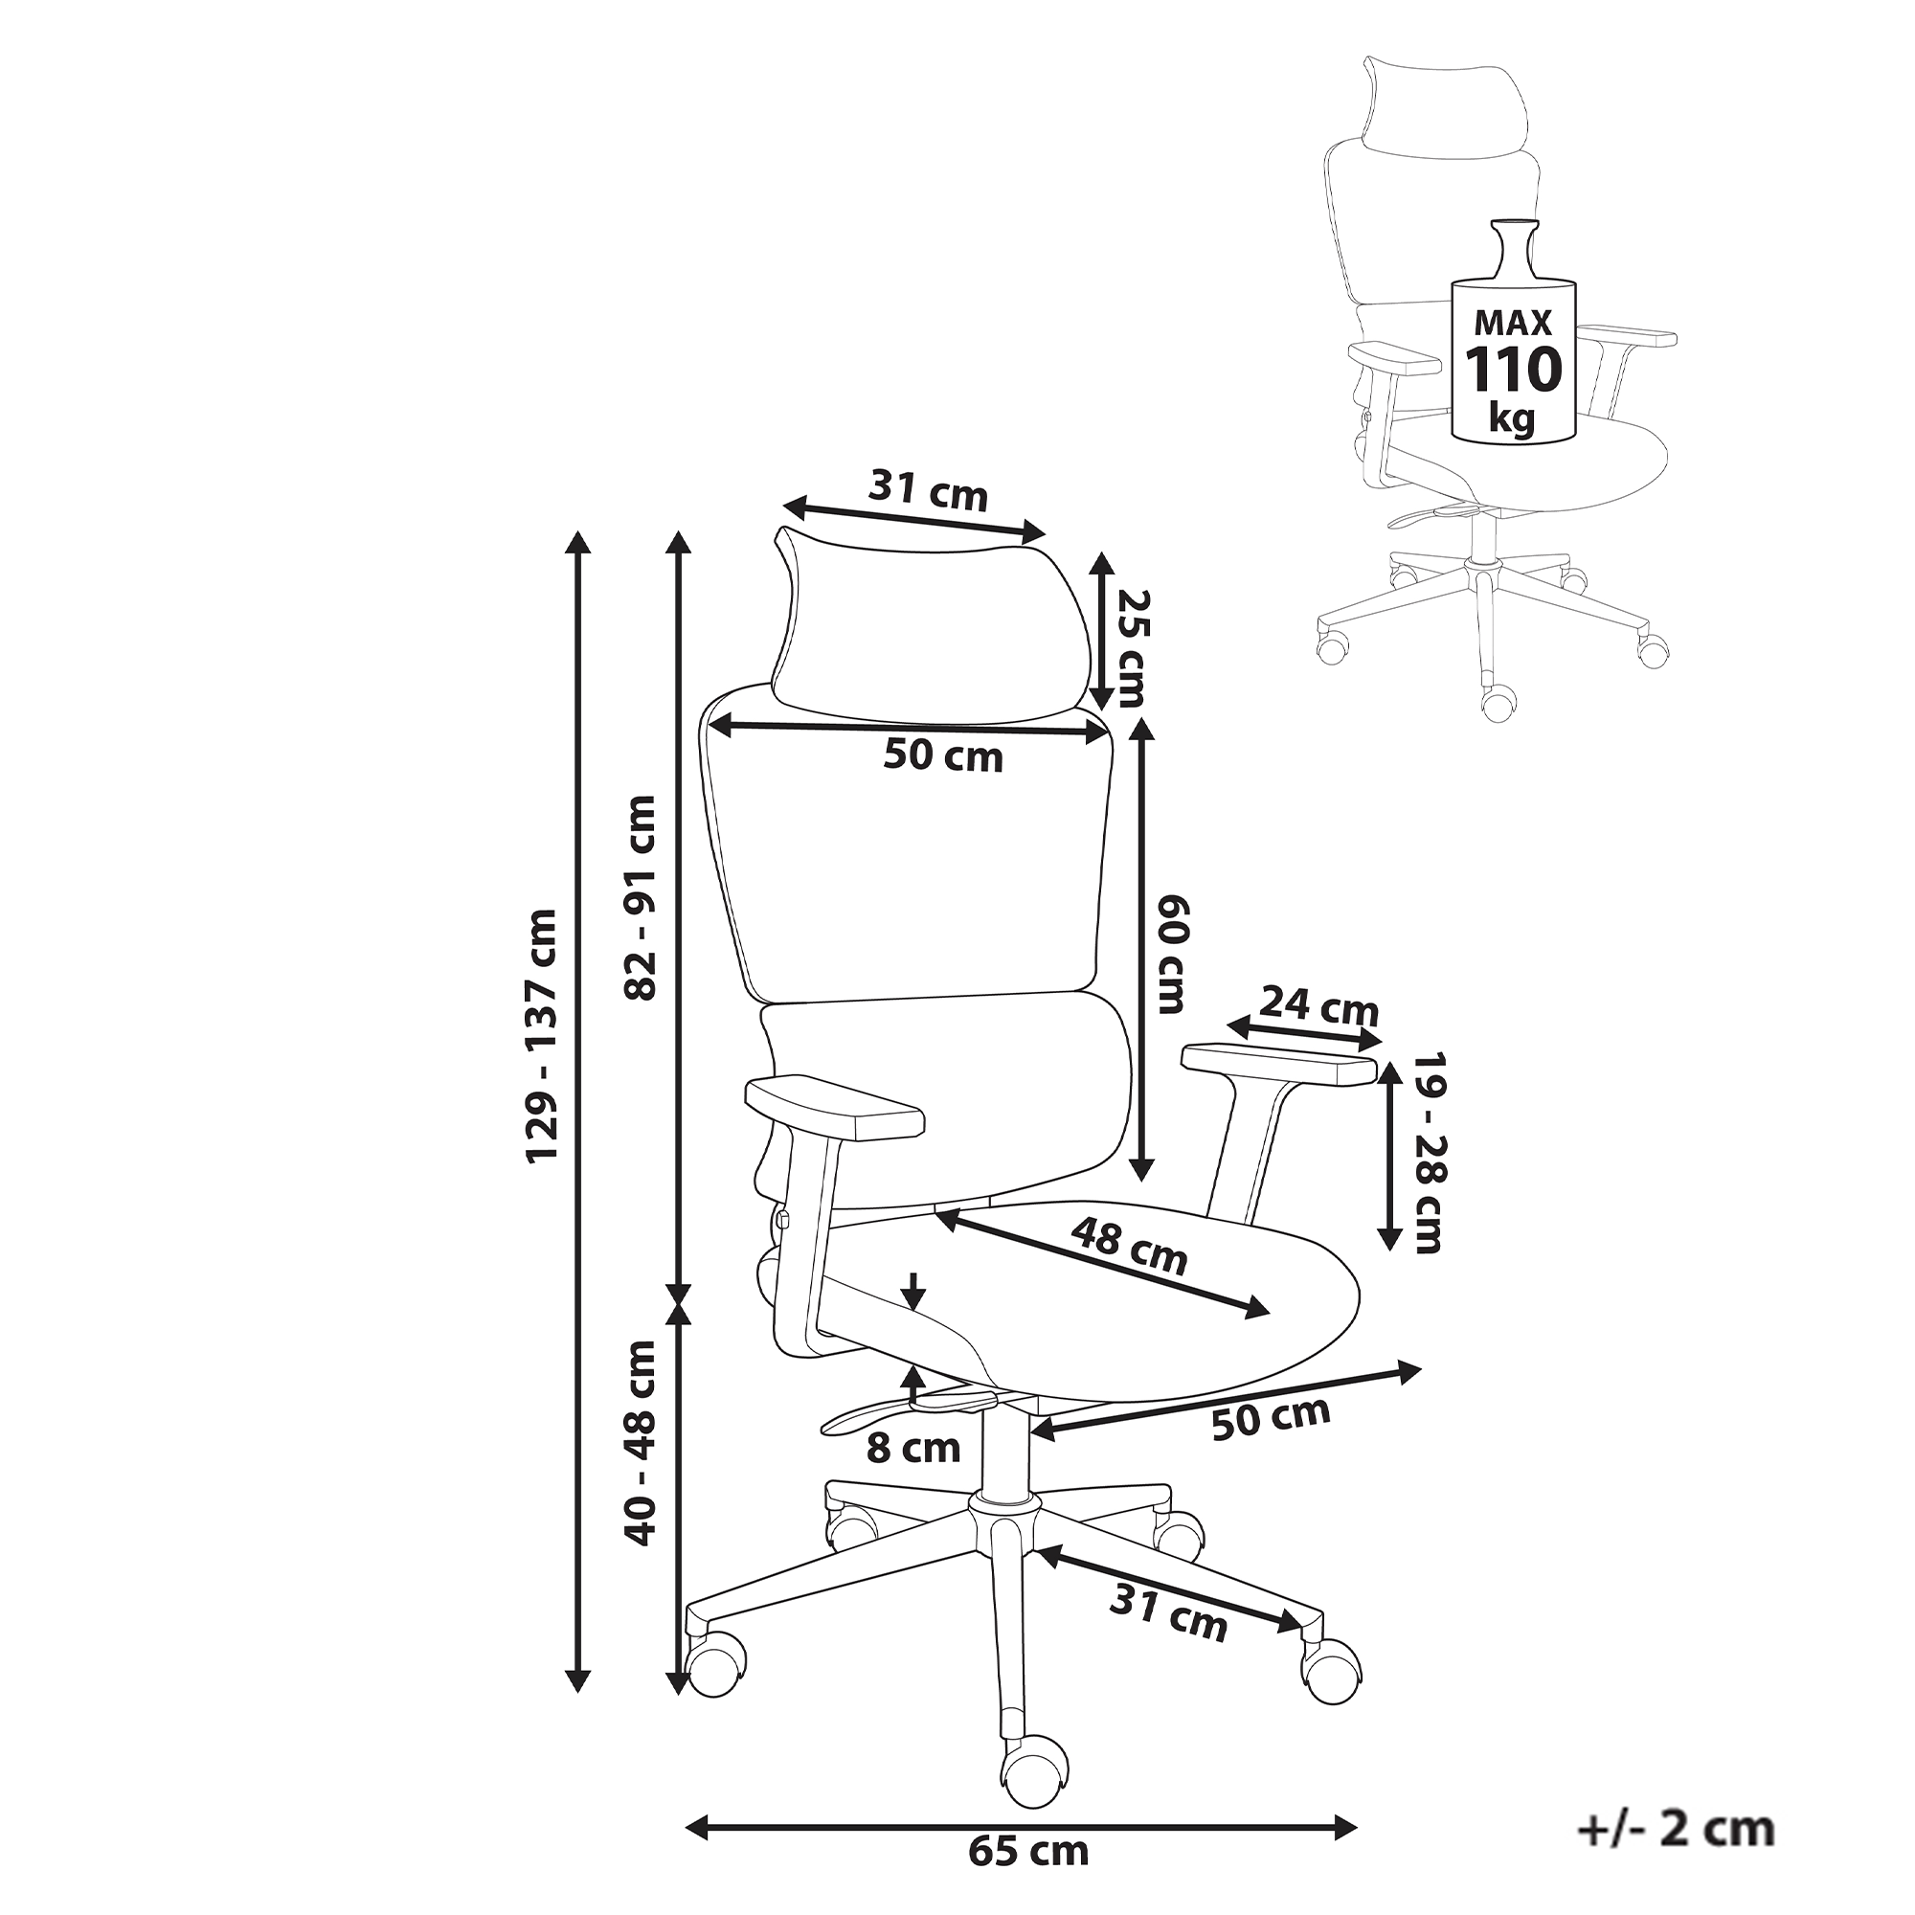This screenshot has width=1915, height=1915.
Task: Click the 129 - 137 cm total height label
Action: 542,1035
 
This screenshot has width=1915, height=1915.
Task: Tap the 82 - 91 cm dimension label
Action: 642,898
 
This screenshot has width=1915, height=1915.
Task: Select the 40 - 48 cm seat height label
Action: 642,1442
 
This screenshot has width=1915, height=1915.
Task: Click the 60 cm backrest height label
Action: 1171,955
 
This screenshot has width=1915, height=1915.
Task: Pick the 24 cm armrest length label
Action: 1319,1007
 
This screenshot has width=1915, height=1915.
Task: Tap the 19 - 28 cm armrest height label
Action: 1429,1153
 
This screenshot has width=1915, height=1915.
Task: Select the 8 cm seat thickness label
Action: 912,1449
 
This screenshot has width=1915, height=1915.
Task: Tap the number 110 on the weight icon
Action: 1514,370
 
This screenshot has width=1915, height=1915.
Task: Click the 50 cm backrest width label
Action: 942,756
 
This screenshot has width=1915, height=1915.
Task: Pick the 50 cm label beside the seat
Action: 1271,1418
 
